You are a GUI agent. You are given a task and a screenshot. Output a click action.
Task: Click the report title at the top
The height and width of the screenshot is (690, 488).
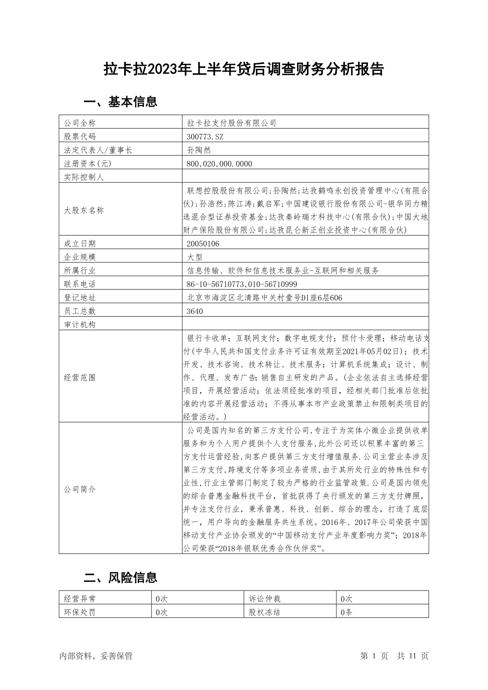(243, 69)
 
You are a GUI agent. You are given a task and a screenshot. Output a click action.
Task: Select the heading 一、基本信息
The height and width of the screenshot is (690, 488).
(120, 102)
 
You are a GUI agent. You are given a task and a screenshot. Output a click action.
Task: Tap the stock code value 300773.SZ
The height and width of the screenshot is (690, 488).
(205, 136)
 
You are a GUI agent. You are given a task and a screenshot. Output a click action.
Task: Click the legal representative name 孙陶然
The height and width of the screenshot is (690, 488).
(199, 150)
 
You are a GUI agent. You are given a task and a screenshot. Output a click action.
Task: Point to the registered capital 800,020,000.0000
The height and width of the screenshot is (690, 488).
(219, 163)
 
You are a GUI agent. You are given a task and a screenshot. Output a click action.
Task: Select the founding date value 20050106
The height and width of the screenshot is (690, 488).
(203, 243)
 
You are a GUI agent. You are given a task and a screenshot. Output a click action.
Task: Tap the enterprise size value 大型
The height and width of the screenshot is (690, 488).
(195, 257)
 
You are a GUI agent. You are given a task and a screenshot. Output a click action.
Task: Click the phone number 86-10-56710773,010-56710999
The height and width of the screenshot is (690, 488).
(242, 284)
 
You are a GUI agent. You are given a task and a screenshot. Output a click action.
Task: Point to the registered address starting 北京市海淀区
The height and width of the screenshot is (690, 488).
(264, 297)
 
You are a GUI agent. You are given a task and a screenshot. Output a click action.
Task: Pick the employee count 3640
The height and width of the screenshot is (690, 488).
(195, 311)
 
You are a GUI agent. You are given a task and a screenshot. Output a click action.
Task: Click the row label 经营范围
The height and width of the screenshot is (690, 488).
(80, 377)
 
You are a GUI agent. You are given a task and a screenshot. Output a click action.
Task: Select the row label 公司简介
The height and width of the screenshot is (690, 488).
(80, 489)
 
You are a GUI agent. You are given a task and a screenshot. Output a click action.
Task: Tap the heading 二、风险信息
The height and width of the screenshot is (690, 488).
(120, 577)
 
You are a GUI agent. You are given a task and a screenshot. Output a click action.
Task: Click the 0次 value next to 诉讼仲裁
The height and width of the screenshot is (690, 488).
(346, 599)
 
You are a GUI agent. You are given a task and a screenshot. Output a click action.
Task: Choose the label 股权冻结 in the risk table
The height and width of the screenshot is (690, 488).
(265, 612)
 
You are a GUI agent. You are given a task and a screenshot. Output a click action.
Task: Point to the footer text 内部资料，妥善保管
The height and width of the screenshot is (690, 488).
(96, 656)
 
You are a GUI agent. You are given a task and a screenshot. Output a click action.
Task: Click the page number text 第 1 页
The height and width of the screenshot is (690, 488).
(374, 656)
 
